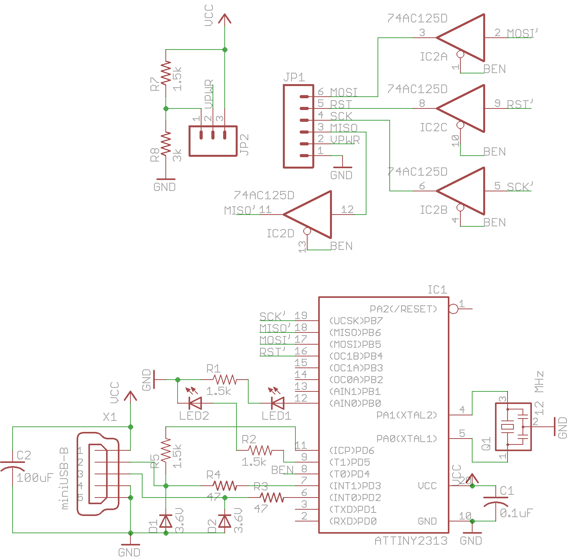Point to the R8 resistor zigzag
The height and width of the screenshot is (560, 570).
(166, 143)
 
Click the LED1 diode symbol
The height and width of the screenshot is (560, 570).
(278, 403)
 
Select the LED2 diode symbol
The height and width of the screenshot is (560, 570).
(195, 403)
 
